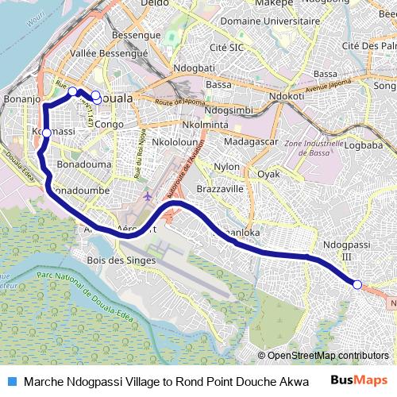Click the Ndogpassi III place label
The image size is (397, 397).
pyautogui.click(x=345, y=251)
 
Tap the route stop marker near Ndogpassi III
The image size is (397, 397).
pyautogui.click(x=357, y=284)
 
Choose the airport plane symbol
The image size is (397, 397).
pyautogui.click(x=148, y=195)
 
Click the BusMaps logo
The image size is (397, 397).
pyautogui.click(x=358, y=380)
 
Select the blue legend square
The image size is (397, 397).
pyautogui.click(x=13, y=381)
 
